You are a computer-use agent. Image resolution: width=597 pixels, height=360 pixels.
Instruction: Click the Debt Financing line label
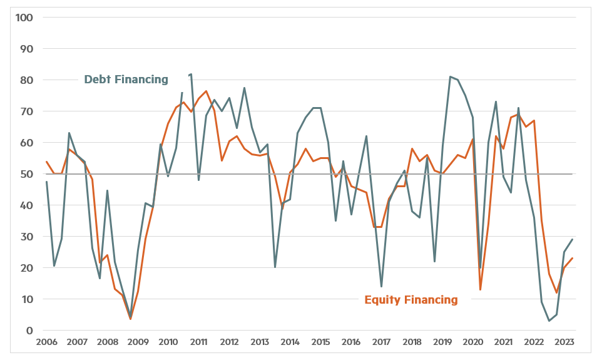click(x=126, y=80)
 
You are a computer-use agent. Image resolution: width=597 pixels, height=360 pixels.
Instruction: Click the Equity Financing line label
click(x=411, y=300)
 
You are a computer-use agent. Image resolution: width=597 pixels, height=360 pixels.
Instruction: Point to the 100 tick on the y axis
click(x=24, y=17)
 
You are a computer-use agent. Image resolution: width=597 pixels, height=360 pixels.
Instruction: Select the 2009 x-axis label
click(x=138, y=342)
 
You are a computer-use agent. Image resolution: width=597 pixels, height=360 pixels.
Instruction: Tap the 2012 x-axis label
click(x=229, y=342)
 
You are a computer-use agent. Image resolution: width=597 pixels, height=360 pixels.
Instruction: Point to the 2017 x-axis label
click(x=381, y=342)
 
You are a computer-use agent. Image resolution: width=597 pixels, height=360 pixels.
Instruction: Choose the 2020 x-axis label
click(x=472, y=342)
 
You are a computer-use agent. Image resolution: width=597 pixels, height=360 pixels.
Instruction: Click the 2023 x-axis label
click(x=564, y=342)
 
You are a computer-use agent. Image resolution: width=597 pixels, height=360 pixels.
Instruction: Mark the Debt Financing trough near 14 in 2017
click(x=381, y=287)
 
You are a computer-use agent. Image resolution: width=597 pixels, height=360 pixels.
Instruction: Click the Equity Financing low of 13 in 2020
click(x=480, y=289)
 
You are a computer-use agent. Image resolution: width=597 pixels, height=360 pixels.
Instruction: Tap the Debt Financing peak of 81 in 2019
click(x=450, y=77)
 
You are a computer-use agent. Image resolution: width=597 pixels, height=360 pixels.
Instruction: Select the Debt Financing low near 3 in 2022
click(x=549, y=321)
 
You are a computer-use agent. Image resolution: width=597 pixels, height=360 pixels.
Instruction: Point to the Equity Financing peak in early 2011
click(x=207, y=91)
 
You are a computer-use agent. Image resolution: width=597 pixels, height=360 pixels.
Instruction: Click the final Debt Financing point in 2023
click(x=572, y=240)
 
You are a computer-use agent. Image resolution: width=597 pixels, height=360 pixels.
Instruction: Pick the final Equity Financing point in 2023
click(x=572, y=259)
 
